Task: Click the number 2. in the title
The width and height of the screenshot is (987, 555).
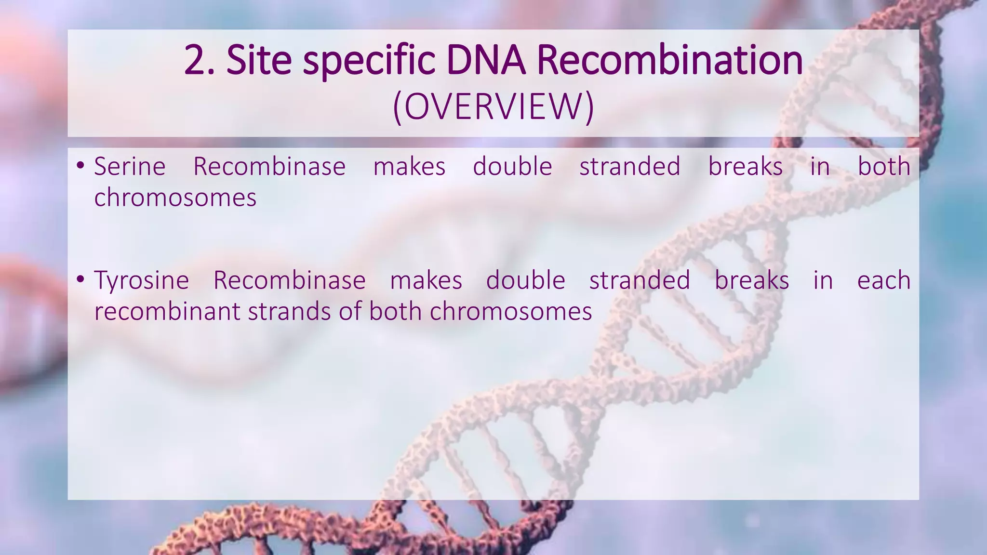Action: coord(199,60)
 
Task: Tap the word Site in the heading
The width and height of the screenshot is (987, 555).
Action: coord(259,60)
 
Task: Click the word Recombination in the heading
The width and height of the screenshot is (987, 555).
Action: coord(669,60)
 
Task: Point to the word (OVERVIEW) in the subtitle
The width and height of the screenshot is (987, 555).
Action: coord(493,107)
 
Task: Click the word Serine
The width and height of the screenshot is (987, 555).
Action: coord(130,167)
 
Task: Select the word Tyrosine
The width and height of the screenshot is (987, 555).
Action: coord(141,280)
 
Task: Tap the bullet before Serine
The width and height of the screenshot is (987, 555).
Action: coord(80,166)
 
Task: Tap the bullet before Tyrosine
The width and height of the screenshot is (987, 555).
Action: coord(80,279)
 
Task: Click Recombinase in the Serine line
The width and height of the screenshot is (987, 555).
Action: coord(269,167)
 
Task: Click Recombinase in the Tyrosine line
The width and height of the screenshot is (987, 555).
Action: coord(289,280)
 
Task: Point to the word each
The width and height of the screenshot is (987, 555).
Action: coord(883,280)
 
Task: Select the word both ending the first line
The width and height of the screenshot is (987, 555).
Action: coord(884,167)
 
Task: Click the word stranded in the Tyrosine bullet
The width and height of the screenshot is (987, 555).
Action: coord(640,280)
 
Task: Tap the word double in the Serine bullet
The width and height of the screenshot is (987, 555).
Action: coord(512,167)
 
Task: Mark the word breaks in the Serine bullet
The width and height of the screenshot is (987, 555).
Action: coord(745,167)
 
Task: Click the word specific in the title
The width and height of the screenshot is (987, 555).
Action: coord(369,60)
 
